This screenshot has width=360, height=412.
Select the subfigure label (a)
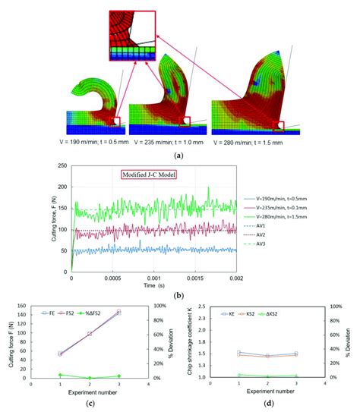tap(179, 155)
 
